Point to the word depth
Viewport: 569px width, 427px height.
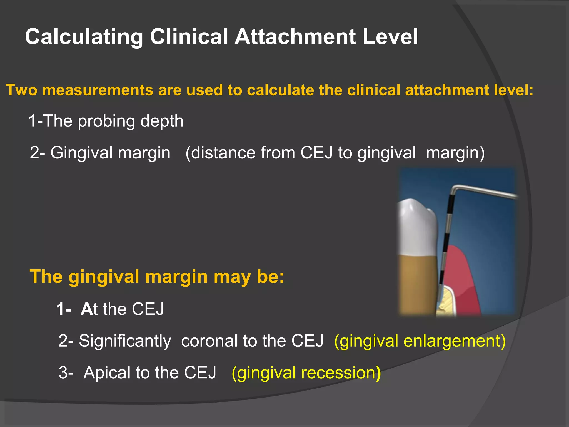click(x=162, y=121)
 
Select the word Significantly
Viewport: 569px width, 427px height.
click(x=125, y=341)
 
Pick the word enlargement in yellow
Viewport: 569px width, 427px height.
click(x=454, y=341)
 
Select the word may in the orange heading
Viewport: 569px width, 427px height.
click(x=232, y=277)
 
